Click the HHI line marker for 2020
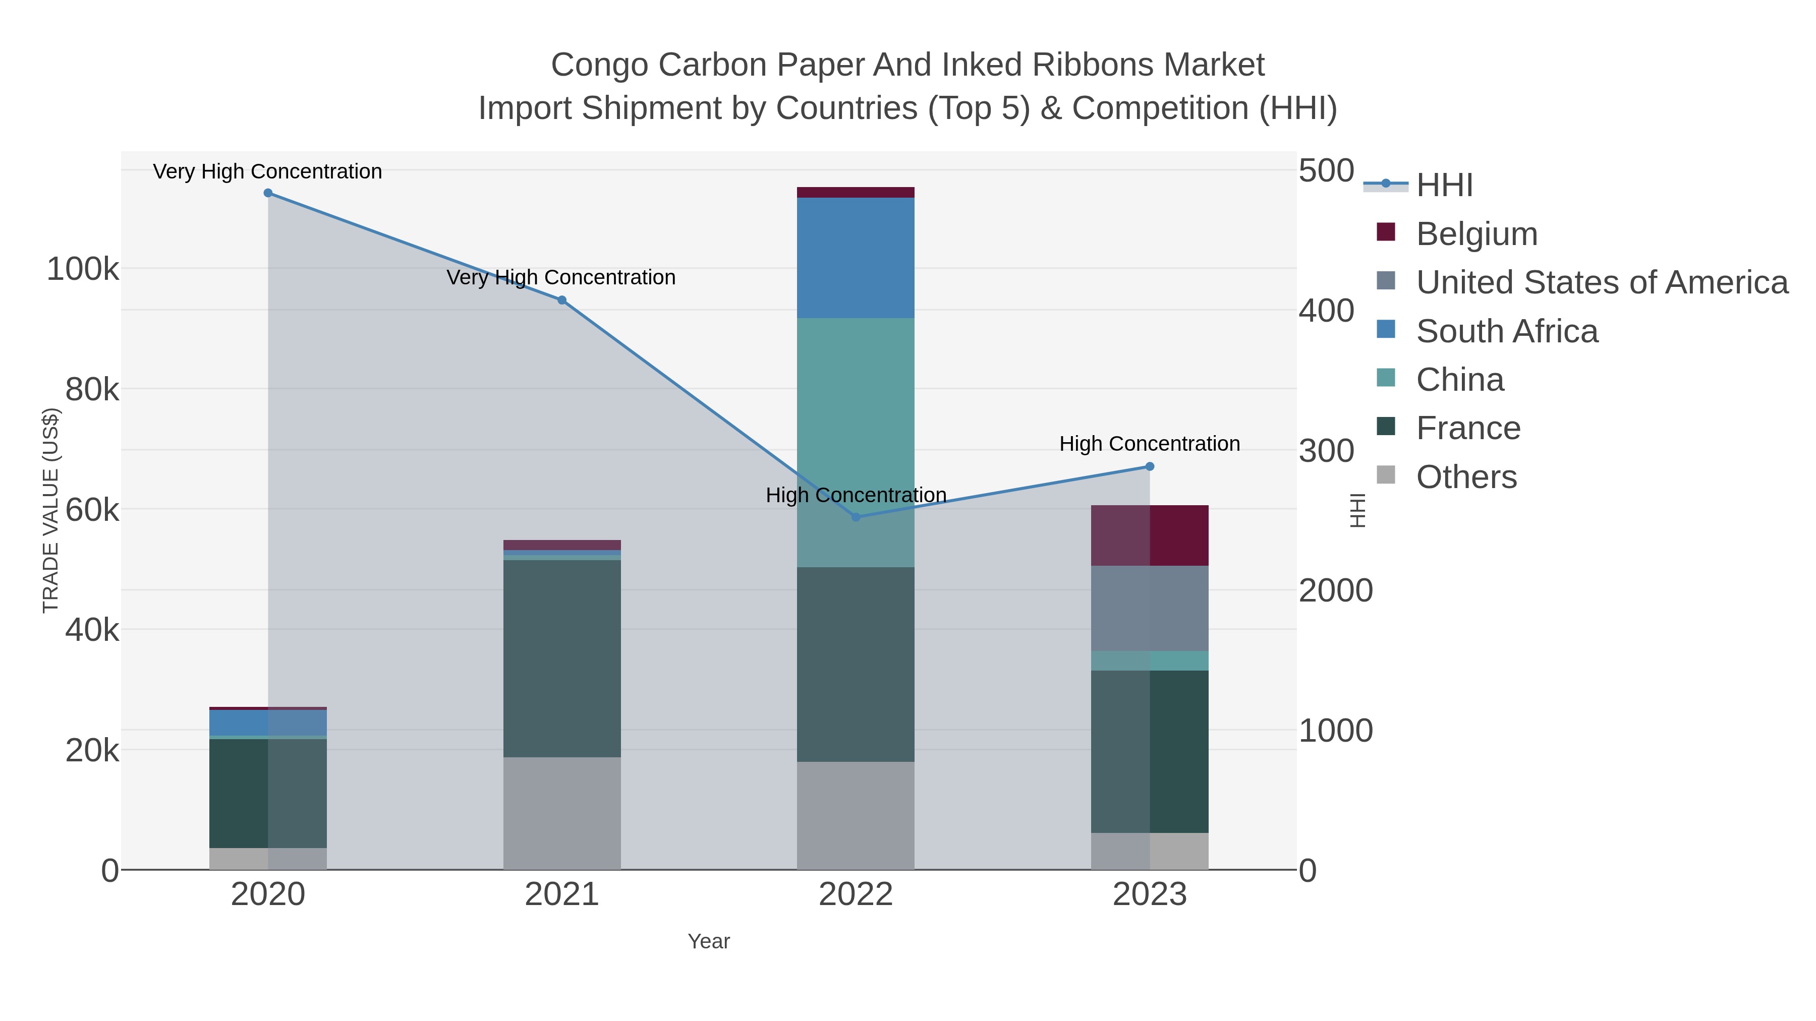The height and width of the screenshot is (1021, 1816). tap(268, 193)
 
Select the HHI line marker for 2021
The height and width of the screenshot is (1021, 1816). tap(562, 300)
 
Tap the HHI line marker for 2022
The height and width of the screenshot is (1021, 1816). tap(856, 517)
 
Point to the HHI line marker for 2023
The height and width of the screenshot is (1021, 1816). tap(1150, 466)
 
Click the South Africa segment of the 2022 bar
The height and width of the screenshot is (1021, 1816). tap(856, 258)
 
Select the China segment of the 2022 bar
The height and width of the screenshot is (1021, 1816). tap(856, 423)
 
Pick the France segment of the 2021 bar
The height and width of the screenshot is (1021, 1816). tap(562, 659)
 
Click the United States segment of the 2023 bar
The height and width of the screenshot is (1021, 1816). tap(1150, 608)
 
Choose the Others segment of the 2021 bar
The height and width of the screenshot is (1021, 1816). tap(562, 813)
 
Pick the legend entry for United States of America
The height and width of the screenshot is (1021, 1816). tap(1601, 282)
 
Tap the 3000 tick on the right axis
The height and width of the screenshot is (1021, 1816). tap(1325, 451)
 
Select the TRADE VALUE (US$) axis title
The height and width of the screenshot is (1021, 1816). tap(51, 510)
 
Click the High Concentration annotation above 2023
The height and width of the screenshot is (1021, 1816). tap(1149, 444)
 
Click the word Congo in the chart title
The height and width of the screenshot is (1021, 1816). tap(598, 65)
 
